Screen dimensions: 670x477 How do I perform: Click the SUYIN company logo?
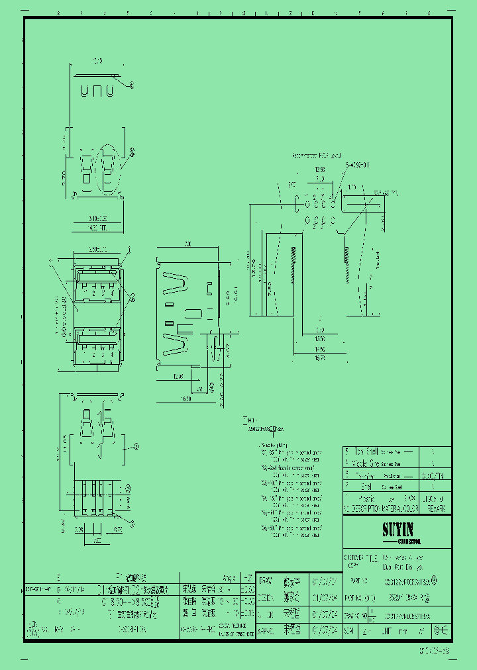[x=397, y=530]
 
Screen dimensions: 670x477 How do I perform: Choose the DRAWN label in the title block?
[x=265, y=581]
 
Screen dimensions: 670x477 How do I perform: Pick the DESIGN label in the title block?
[x=265, y=597]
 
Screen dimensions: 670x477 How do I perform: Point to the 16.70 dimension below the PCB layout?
[x=320, y=358]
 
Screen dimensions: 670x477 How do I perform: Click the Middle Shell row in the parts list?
[x=364, y=463]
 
